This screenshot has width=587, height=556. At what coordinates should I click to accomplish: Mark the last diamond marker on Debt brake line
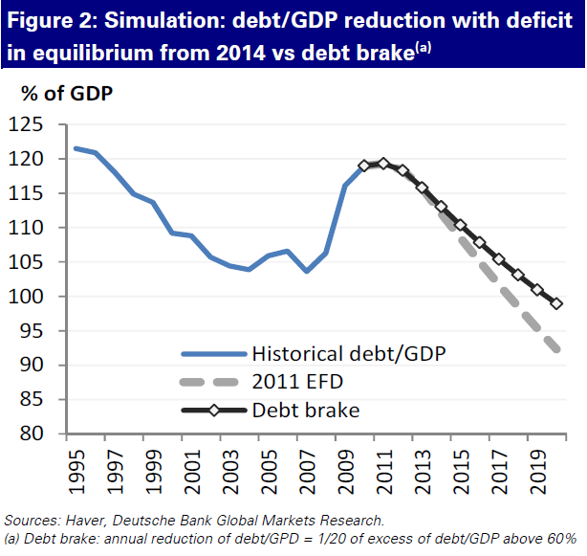[x=555, y=303]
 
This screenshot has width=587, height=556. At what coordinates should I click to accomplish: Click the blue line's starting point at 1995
[x=76, y=148]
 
